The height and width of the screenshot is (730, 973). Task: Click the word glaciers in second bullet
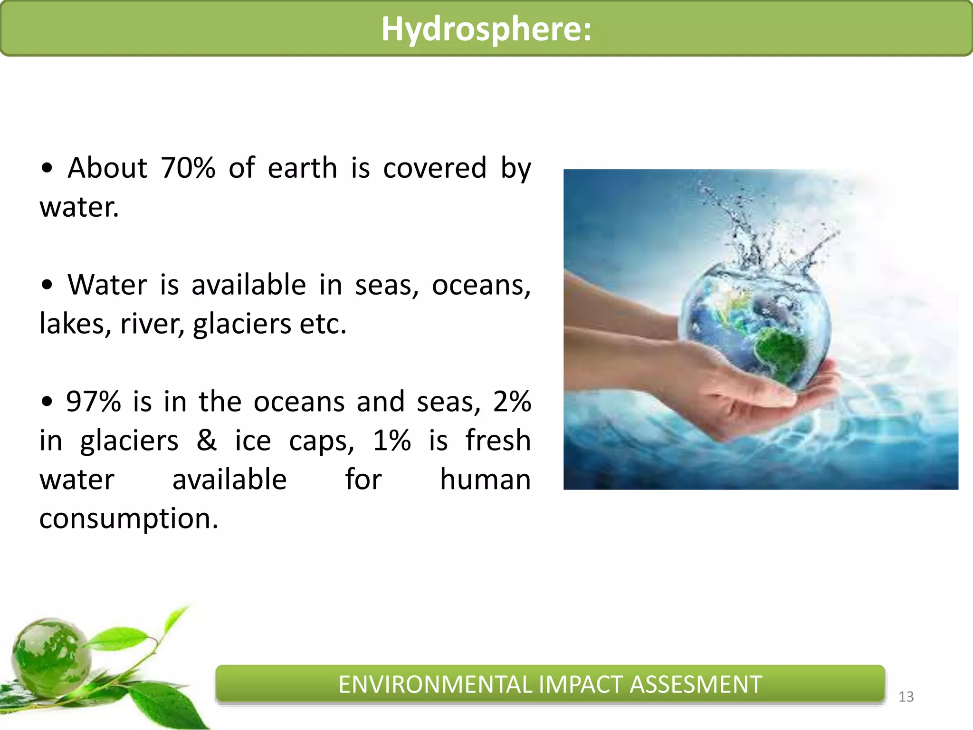(242, 325)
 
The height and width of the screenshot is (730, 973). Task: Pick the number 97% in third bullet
(93, 402)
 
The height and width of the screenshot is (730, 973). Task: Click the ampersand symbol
(207, 440)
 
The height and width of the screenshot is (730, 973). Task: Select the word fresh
(497, 440)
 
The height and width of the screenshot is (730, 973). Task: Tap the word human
(485, 479)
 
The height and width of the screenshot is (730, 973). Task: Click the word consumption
(128, 518)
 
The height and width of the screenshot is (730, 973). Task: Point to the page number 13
(906, 697)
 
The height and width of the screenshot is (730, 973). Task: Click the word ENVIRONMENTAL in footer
(435, 685)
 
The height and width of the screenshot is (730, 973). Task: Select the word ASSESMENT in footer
(696, 685)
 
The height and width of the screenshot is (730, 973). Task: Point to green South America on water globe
(779, 352)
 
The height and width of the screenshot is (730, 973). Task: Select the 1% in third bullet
(391, 440)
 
